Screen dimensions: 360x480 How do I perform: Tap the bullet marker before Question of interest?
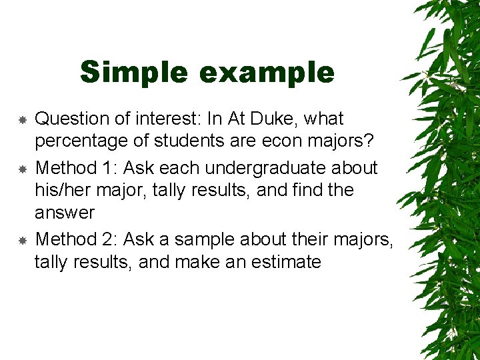pos(22,120)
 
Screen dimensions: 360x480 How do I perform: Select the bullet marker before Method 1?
pos(22,168)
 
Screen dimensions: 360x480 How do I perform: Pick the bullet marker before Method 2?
pos(22,239)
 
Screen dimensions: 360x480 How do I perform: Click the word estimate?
pos(286,262)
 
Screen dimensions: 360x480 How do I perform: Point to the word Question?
pos(73,119)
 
